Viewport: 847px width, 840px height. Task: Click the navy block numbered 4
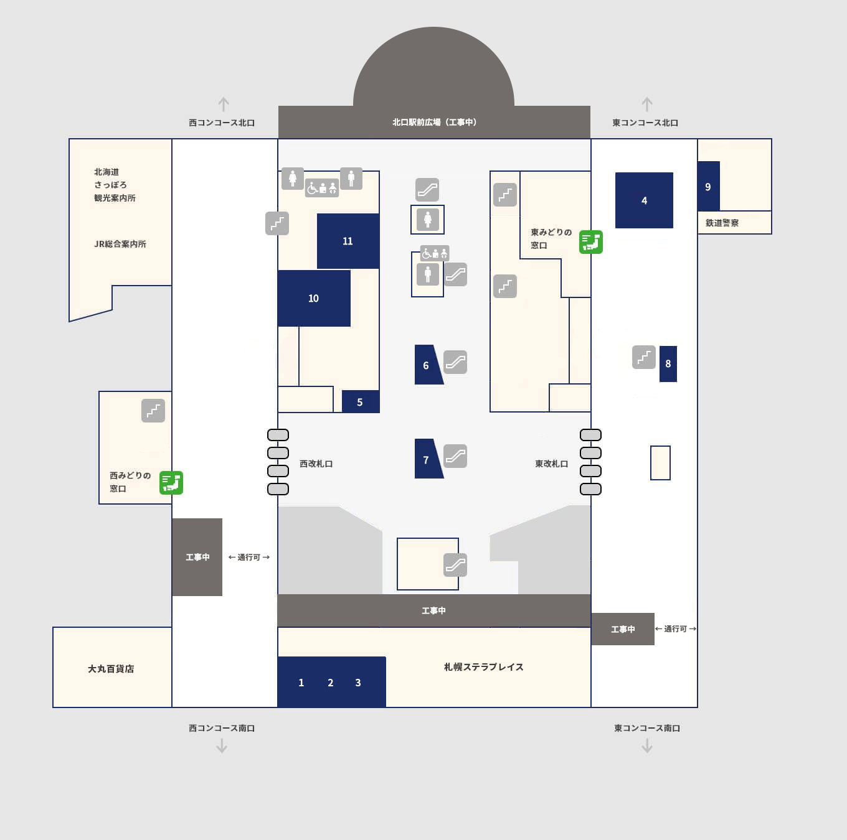(x=644, y=200)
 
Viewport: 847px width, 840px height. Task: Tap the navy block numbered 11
(x=348, y=241)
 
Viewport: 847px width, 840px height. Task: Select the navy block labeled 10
(x=314, y=298)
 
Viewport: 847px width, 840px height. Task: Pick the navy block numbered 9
(x=709, y=186)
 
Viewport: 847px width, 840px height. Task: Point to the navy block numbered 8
(x=668, y=364)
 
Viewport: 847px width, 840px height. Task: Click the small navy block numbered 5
(x=361, y=401)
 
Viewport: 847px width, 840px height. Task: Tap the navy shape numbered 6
(x=427, y=365)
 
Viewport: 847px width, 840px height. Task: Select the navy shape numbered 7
(x=427, y=459)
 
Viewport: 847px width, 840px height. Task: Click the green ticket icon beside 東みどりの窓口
(x=591, y=242)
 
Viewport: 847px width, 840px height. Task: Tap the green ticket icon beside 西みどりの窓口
(x=171, y=483)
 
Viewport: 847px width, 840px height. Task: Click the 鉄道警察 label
(x=722, y=223)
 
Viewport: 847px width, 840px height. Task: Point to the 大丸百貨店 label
(x=111, y=669)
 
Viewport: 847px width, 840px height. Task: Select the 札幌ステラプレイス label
(x=483, y=667)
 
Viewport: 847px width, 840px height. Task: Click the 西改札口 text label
(x=316, y=464)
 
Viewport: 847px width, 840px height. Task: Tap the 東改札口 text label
(x=552, y=464)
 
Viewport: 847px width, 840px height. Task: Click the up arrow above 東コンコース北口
(x=646, y=104)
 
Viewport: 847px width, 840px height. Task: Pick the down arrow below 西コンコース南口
(x=222, y=745)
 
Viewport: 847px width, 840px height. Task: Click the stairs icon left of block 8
(x=644, y=357)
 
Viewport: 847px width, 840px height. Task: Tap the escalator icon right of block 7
(x=455, y=456)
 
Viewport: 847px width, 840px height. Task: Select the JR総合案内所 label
(x=120, y=245)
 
